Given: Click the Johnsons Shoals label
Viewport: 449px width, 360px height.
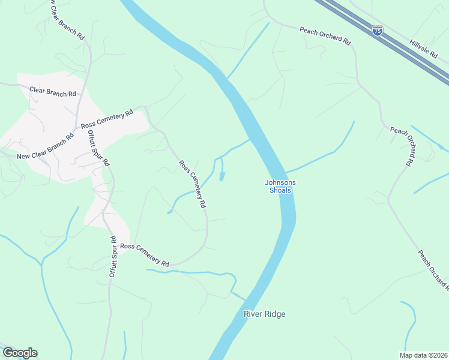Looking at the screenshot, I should pos(279,187).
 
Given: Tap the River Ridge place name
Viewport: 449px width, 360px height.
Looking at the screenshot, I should pos(264,314).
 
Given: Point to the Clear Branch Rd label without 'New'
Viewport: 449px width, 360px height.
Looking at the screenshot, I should pos(53,93).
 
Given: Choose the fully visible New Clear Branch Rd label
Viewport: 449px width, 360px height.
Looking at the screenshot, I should pos(45,146).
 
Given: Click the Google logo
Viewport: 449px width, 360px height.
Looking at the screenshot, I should pos(20,353).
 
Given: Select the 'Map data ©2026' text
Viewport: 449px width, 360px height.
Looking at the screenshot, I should pos(423,355).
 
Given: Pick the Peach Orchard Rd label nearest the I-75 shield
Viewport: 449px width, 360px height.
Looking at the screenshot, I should pos(325,35).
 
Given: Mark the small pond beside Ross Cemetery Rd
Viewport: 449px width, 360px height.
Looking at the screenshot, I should pos(222,176).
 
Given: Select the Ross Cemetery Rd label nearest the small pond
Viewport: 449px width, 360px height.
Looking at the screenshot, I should pos(192,184).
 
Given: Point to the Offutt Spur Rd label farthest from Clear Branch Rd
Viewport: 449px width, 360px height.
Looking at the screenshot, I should pos(112,256).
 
